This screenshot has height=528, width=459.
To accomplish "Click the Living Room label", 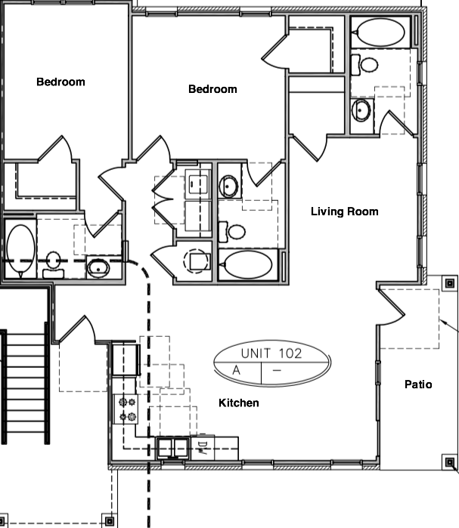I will click(344, 212).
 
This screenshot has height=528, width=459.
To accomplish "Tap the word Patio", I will click(418, 384).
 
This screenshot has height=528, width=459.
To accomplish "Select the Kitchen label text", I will click(239, 403).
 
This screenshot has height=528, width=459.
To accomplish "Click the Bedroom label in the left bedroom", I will click(60, 82).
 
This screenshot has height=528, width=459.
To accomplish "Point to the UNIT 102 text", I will click(271, 353).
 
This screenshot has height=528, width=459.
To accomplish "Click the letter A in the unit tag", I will click(237, 371).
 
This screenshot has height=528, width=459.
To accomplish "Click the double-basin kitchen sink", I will click(173, 447).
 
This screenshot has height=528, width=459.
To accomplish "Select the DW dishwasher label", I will click(203, 446).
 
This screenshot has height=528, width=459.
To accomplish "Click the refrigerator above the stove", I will click(126, 359).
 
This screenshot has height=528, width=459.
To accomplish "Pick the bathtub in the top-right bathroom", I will click(380, 33).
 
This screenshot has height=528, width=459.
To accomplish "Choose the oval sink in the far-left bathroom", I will click(98, 266).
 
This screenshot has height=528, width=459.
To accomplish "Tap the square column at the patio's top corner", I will click(449, 284).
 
